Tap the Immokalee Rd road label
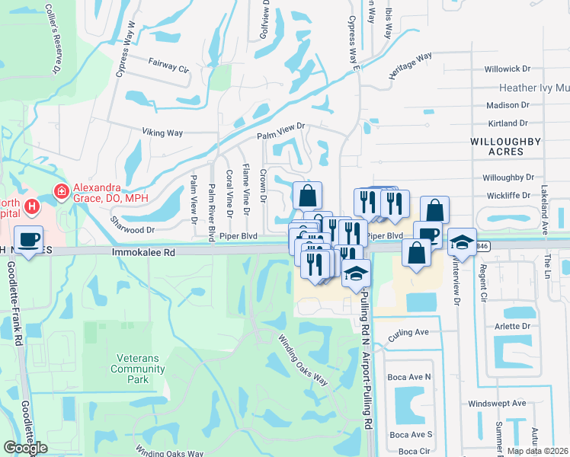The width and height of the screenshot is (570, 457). (143, 251)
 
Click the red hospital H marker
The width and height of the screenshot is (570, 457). (31, 206)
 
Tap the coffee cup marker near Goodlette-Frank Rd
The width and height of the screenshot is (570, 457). (29, 240)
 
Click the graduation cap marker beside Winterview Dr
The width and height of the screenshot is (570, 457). (462, 241)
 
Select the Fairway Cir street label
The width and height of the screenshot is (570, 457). (168, 67)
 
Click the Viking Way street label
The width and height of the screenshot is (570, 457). (162, 133)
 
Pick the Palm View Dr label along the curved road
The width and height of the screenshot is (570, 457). (280, 131)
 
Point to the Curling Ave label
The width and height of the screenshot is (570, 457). (408, 332)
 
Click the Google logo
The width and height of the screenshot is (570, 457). (25, 448)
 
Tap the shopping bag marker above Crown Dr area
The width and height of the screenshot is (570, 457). (306, 197)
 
